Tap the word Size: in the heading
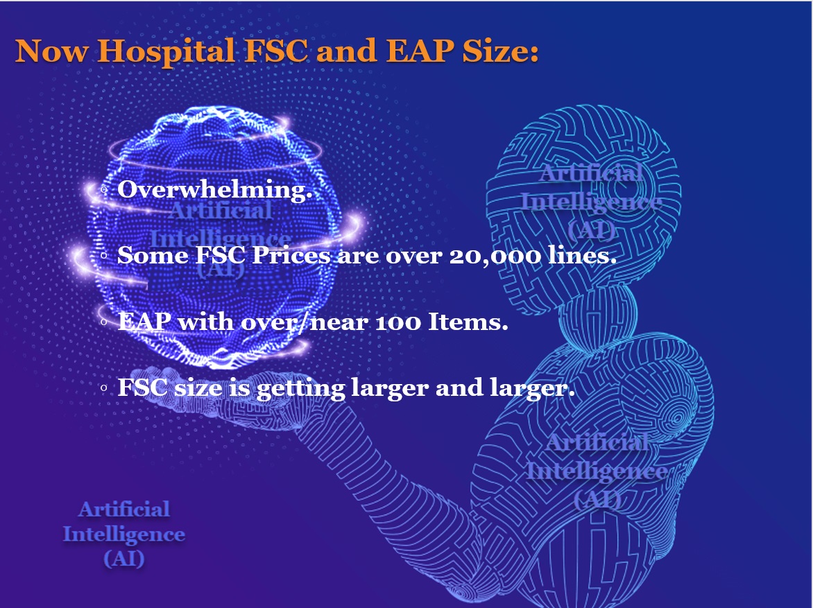[500, 51]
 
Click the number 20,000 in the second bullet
[495, 256]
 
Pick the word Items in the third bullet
[465, 322]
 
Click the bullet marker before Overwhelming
[103, 190]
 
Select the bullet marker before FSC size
[103, 388]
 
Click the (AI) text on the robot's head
[591, 229]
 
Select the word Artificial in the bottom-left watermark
[124, 509]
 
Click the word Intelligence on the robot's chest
[597, 471]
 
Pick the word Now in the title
[51, 51]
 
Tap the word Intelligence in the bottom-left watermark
[124, 535]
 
